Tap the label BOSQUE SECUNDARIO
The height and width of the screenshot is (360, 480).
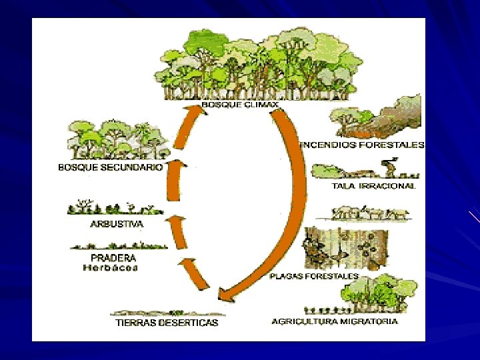pyautogui.click(x=110, y=168)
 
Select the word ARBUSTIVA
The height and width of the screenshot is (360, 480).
pyautogui.click(x=117, y=225)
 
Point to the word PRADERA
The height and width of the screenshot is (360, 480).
pyautogui.click(x=113, y=257)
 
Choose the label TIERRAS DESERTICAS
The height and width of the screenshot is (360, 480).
pyautogui.click(x=167, y=323)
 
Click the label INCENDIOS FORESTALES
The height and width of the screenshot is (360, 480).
pyautogui.click(x=363, y=144)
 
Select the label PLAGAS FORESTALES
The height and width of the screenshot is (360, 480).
pyautogui.click(x=314, y=275)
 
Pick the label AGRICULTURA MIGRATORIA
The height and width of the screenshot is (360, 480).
pyautogui.click(x=335, y=321)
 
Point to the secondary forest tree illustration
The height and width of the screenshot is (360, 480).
pyautogui.click(x=117, y=141)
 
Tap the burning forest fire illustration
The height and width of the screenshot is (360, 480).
pyautogui.click(x=376, y=116)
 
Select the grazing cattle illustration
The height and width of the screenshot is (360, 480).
pyautogui.click(x=371, y=213)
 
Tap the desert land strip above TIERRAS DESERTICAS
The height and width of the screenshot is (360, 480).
pyautogui.click(x=167, y=312)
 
